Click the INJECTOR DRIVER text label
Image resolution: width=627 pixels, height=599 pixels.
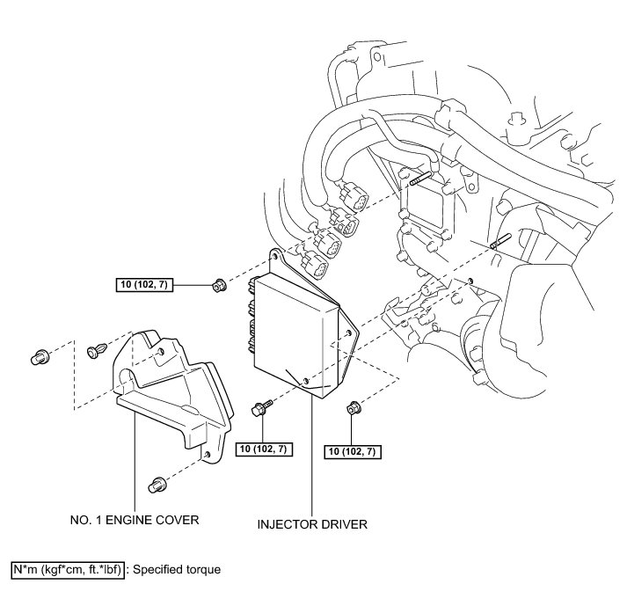click(x=311, y=525)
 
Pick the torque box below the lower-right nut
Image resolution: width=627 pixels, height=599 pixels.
click(x=353, y=452)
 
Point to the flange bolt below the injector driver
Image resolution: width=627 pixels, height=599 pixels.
click(x=261, y=408)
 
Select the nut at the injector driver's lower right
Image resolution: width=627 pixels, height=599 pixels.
click(x=353, y=407)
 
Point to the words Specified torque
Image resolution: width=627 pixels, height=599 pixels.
click(x=177, y=569)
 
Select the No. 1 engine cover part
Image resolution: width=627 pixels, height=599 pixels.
click(x=167, y=387)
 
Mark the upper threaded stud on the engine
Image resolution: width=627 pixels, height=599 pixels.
click(x=419, y=183)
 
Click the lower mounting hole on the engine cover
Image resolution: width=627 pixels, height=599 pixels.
click(x=206, y=455)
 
